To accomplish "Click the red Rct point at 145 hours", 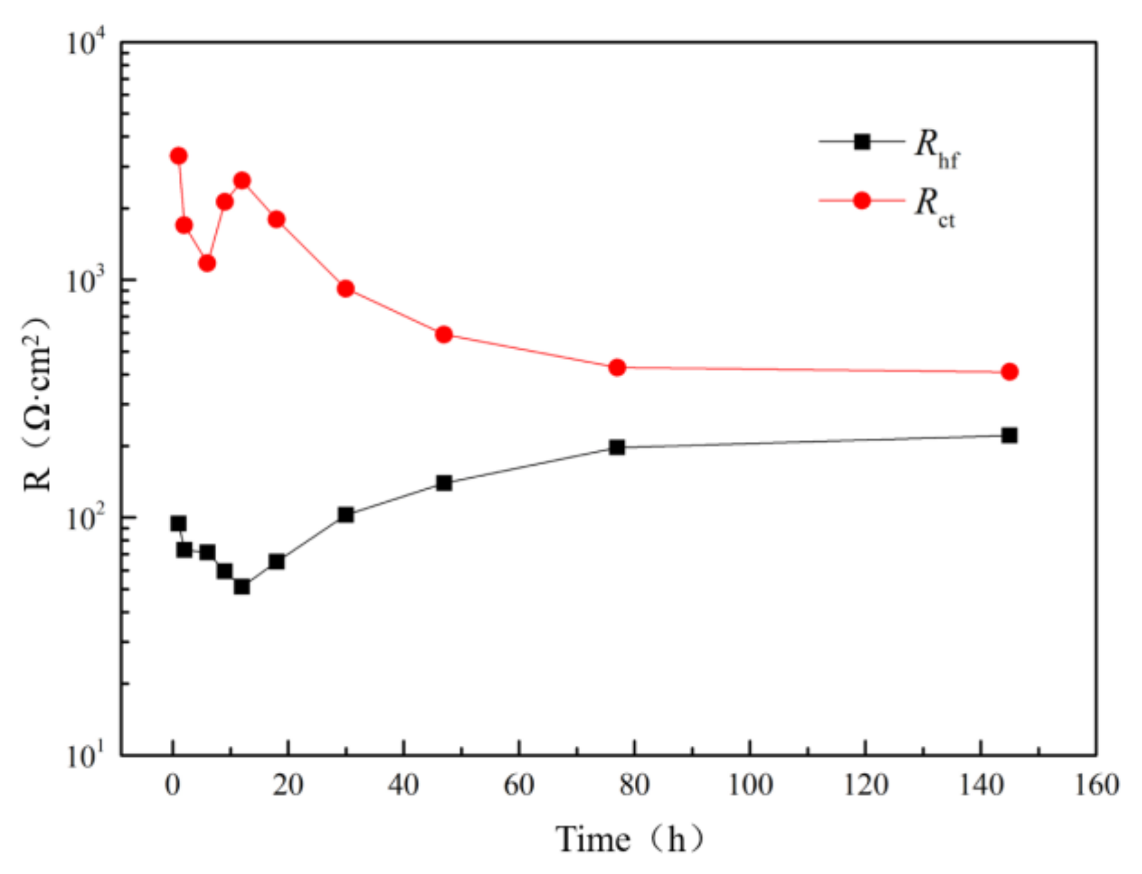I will coord(1009,372).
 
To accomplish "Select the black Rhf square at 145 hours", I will coord(1009,435).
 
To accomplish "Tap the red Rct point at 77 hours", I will coord(617,367).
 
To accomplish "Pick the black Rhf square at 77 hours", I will coord(617,447).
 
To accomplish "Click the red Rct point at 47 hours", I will coord(444,335).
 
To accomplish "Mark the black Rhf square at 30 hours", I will coord(346,515).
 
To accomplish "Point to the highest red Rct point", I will coord(178,156).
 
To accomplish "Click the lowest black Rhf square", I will coord(242,586).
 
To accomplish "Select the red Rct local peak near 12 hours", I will coord(242,181).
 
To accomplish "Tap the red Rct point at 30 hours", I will coord(346,289).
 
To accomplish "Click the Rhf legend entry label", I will coord(936,148).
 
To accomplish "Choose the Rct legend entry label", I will coord(934,207).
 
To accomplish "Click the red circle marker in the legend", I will coord(862,200).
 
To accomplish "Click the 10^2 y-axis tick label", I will coord(87,518).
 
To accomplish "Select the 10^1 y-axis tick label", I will coord(87,755).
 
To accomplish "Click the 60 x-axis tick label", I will coord(519,786).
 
